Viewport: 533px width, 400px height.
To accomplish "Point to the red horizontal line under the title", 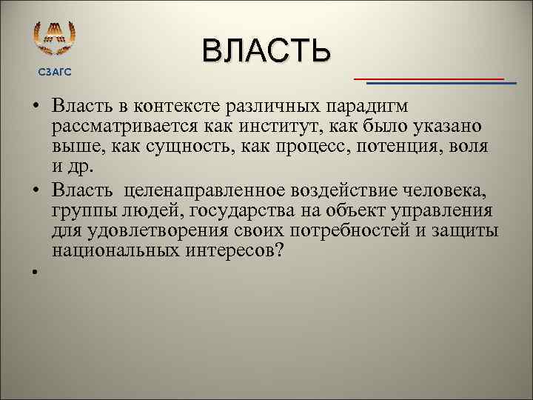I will pyautogui.click(x=429, y=78).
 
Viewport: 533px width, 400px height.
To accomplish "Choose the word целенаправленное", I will pyautogui.click(x=203, y=192).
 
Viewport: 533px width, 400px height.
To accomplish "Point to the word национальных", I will pyautogui.click(x=108, y=250).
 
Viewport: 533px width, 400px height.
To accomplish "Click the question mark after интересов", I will pyautogui.click(x=277, y=250).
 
